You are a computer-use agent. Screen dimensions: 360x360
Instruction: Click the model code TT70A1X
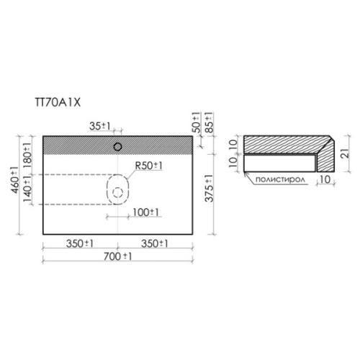tap(58, 103)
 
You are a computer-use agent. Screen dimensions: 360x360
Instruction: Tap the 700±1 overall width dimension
tap(117, 256)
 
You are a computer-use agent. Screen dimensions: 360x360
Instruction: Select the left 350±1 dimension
tap(80, 244)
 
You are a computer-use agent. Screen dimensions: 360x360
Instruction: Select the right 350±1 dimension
tap(155, 244)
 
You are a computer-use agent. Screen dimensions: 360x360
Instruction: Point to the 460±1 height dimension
tap(15, 180)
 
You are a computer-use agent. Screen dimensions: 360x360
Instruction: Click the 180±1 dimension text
tap(27, 156)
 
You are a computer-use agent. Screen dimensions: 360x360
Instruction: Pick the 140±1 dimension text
tap(27, 189)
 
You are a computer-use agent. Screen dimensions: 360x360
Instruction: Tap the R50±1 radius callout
tap(149, 166)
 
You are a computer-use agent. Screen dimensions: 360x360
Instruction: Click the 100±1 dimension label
tap(145, 212)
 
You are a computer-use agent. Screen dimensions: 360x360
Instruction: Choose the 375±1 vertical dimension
tap(209, 189)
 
